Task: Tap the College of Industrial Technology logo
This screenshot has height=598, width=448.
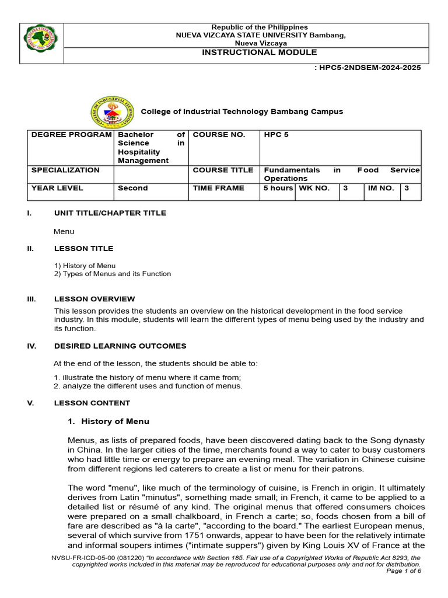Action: coord(112,113)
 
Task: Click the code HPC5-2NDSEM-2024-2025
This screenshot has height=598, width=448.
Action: coord(367,67)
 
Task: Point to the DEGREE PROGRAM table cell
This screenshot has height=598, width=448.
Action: coord(71,135)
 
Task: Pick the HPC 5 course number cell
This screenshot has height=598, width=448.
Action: coord(276,135)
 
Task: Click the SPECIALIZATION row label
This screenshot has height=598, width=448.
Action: coord(65,170)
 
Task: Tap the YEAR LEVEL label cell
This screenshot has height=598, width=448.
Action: coord(57,188)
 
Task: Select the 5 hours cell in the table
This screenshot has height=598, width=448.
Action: coord(278,188)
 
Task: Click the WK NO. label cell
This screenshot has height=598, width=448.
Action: coord(314,188)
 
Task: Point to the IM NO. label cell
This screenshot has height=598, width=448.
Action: coord(380,188)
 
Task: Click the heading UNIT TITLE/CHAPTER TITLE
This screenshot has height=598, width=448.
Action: coord(110,213)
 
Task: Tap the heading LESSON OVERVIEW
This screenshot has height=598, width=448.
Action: coord(94,299)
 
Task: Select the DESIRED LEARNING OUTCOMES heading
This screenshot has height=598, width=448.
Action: coord(120,346)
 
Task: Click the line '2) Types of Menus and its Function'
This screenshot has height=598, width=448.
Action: coord(113,274)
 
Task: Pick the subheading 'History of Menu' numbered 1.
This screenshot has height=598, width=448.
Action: coord(115,421)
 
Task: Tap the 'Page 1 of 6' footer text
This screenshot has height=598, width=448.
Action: coord(404,571)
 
